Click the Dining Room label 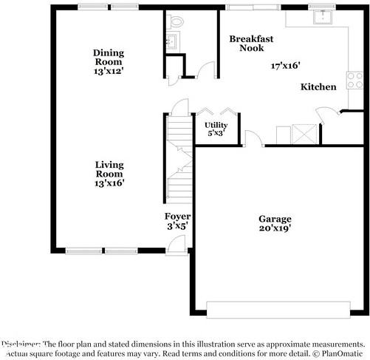(x=109, y=58)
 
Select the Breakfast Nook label (x=247, y=43)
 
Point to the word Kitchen (x=318, y=87)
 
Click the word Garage (x=275, y=219)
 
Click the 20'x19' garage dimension (x=275, y=228)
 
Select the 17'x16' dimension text (x=287, y=65)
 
